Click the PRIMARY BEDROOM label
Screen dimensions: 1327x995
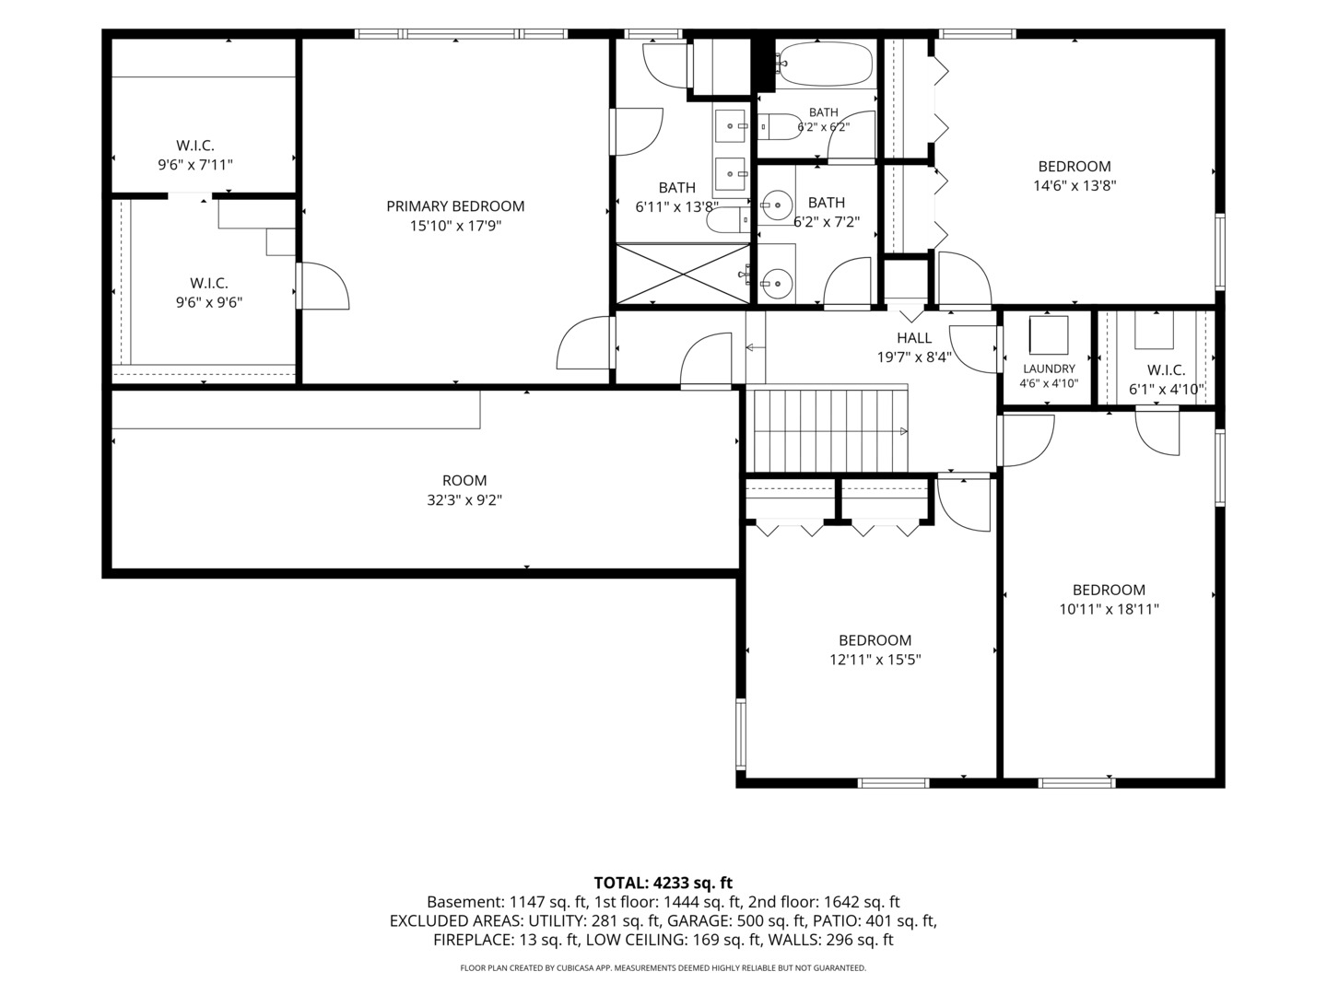pyautogui.click(x=455, y=206)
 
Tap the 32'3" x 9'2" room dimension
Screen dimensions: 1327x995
pyautogui.click(x=464, y=500)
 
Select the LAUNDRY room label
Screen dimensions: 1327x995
pyautogui.click(x=1049, y=369)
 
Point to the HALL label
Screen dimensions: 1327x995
pyautogui.click(x=914, y=338)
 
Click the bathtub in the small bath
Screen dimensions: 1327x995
pyautogui.click(x=824, y=64)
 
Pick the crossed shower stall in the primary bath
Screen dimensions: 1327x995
pyautogui.click(x=683, y=273)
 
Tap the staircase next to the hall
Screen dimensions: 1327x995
pyautogui.click(x=827, y=430)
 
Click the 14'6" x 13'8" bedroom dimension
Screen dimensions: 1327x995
pyautogui.click(x=1075, y=185)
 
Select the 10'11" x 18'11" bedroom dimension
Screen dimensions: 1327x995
pyautogui.click(x=1109, y=609)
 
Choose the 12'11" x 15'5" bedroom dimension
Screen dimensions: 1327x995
pyautogui.click(x=875, y=659)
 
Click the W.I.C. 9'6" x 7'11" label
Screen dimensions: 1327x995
pyautogui.click(x=195, y=155)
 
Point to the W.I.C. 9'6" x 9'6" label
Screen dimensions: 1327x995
pyautogui.click(x=209, y=292)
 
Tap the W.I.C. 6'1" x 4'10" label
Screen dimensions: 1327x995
pyautogui.click(x=1166, y=380)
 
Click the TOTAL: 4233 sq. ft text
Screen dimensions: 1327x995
pyautogui.click(x=663, y=883)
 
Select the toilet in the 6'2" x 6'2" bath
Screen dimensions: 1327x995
pyautogui.click(x=780, y=127)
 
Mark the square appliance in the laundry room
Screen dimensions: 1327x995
pyautogui.click(x=1049, y=334)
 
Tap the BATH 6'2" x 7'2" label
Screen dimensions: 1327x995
pyautogui.click(x=827, y=212)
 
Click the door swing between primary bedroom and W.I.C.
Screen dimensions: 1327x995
pyautogui.click(x=323, y=287)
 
